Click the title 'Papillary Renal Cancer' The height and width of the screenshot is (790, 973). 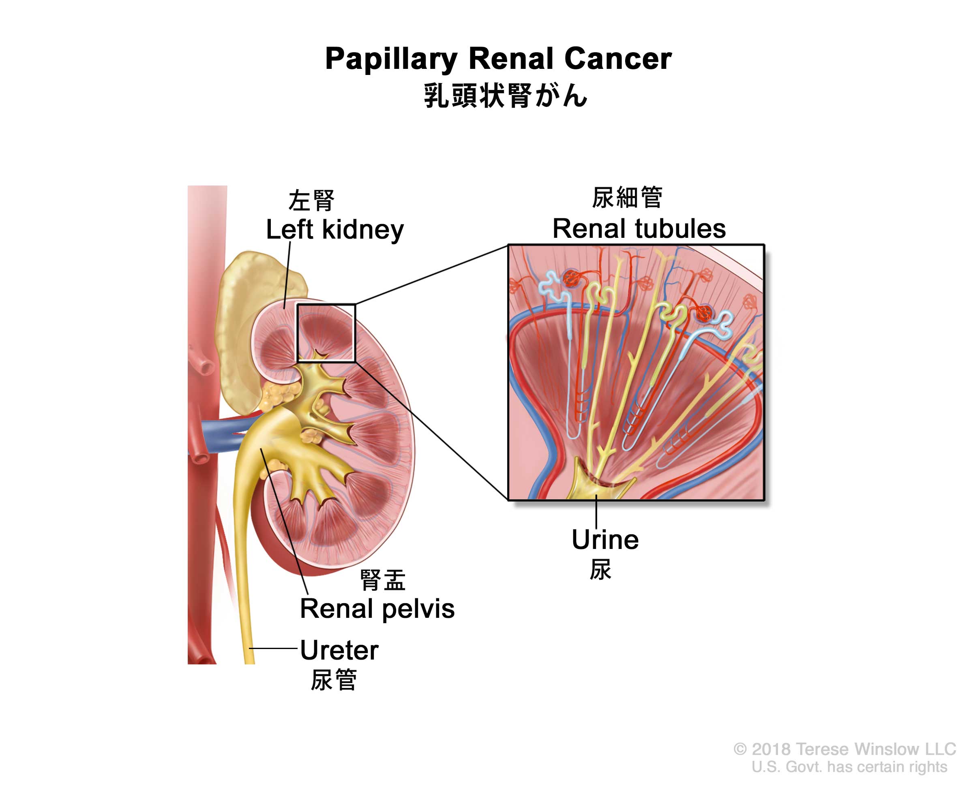click(498, 59)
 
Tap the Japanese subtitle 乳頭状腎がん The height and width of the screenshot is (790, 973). click(506, 96)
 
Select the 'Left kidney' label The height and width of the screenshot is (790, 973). click(334, 229)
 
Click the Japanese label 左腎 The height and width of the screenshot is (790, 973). click(311, 201)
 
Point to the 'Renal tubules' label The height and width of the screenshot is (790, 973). click(639, 228)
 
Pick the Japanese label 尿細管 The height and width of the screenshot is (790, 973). click(627, 198)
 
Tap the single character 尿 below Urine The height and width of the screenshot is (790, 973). click(600, 570)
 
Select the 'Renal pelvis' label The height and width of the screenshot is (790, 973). click(377, 609)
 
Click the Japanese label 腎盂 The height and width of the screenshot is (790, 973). click(382, 580)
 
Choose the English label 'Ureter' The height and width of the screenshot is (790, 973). click(339, 650)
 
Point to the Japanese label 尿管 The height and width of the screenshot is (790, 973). click(334, 680)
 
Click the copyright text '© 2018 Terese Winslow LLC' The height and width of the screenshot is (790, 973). click(844, 749)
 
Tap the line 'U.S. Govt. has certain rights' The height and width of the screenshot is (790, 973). click(849, 767)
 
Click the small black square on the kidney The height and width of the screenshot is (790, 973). click(326, 333)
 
